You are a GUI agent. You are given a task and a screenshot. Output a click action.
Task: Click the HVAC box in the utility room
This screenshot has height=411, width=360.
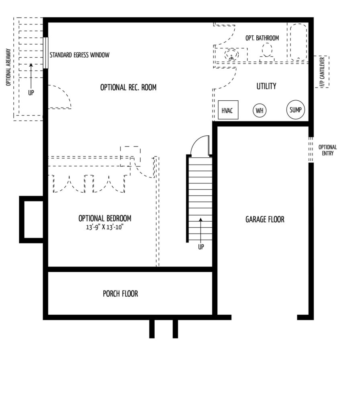click(228, 110)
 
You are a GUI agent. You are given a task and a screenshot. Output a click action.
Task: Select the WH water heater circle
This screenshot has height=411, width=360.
click(259, 110)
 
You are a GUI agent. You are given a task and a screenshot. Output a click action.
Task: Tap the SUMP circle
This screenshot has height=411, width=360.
click(295, 110)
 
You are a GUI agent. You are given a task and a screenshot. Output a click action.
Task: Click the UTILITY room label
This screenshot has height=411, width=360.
click(266, 86)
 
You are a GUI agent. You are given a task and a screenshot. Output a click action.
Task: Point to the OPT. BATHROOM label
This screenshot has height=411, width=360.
click(262, 38)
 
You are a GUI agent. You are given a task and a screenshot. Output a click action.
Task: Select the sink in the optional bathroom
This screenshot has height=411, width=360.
click(231, 55)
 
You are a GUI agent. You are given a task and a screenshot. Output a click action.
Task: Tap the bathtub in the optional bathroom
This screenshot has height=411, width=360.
click(298, 43)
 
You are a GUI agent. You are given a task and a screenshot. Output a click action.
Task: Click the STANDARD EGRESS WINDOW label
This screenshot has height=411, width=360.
click(80, 55)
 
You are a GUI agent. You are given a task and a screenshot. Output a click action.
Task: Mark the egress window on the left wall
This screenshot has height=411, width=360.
click(46, 53)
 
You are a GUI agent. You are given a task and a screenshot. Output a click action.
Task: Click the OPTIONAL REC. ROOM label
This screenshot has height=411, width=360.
click(128, 87)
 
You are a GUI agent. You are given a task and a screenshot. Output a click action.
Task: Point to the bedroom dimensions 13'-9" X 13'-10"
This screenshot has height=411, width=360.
click(105, 227)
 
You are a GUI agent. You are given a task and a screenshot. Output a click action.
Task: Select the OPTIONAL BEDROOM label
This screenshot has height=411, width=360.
click(105, 218)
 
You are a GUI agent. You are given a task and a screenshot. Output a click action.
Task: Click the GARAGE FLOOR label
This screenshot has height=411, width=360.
click(265, 219)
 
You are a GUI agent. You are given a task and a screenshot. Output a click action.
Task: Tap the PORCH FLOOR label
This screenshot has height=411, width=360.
click(121, 293)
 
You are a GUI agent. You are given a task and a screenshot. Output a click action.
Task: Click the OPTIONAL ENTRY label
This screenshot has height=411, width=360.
click(328, 150)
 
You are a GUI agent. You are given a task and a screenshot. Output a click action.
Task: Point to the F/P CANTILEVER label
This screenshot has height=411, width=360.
click(323, 72)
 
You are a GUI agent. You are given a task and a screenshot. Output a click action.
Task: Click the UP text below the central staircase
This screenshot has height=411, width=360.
click(201, 247)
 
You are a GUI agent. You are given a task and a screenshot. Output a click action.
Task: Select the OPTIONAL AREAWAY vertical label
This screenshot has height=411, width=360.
click(8, 67)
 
